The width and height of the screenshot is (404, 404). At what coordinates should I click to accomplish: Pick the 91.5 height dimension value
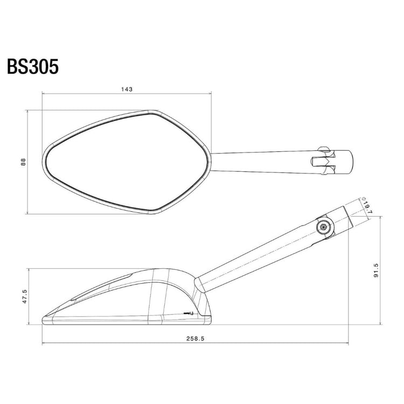[x=375, y=270]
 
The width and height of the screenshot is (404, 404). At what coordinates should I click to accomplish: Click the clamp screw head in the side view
[x=323, y=226]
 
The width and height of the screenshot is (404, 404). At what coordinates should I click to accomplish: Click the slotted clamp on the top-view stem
[x=325, y=159]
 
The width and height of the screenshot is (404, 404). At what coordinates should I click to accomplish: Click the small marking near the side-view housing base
[x=189, y=313]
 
